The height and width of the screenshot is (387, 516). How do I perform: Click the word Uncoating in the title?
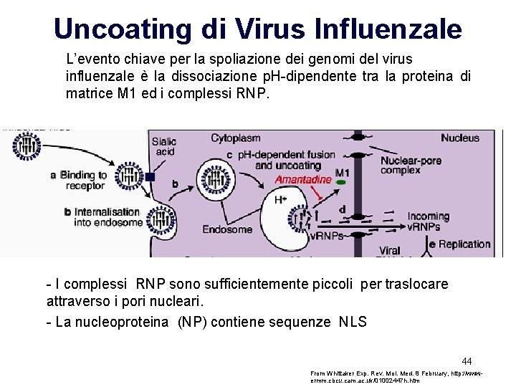126,29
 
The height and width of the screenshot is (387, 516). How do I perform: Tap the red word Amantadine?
303,179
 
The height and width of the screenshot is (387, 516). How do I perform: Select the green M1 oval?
341,183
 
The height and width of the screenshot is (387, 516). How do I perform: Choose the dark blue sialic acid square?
150,177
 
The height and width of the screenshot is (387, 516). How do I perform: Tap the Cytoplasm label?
235,138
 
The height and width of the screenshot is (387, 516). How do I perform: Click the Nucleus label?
460,138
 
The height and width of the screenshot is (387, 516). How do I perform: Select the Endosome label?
227,229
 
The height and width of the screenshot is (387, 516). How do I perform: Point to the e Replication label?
459,244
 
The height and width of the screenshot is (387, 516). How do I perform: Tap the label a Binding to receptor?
79,180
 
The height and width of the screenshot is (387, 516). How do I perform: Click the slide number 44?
466,360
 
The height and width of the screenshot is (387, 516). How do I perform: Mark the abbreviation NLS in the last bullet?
352,322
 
